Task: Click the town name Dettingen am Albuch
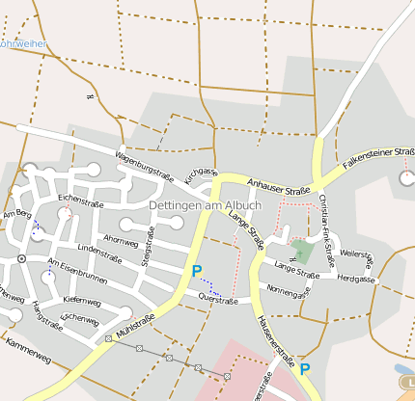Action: click(x=205, y=206)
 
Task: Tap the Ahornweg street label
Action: click(x=121, y=239)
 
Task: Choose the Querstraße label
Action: click(x=217, y=300)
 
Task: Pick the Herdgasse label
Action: click(x=356, y=280)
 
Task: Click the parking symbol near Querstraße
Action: click(x=197, y=272)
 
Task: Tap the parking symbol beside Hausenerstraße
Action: click(x=305, y=368)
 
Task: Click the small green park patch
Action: click(x=302, y=253)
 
